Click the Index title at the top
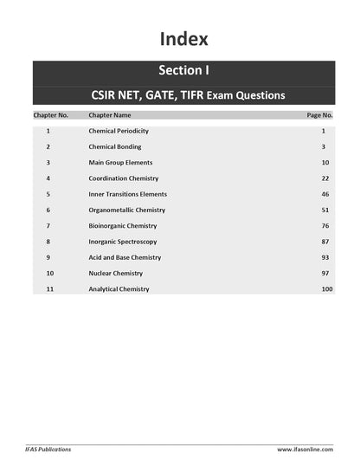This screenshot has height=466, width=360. pos(183,39)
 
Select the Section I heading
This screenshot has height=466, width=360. pos(183,71)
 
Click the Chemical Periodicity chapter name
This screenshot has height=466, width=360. pos(119,131)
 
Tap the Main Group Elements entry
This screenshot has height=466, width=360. pos(120,163)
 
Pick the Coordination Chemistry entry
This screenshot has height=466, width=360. pos(124,178)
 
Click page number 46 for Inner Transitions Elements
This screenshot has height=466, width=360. pos(325,194)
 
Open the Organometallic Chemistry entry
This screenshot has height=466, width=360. pos(126,210)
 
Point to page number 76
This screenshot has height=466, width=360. pos(325,226)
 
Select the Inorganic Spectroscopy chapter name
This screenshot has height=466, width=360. pos(124,242)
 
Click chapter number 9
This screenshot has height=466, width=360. pos(48,257)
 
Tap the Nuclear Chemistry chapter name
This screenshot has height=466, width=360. pos(117,274)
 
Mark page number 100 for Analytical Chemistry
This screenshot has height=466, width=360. pos(326,289)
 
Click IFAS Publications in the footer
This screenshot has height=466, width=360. pos(48,450)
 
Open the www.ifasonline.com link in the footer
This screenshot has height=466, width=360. pos(305,450)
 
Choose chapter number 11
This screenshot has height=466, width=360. pos(49,289)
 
